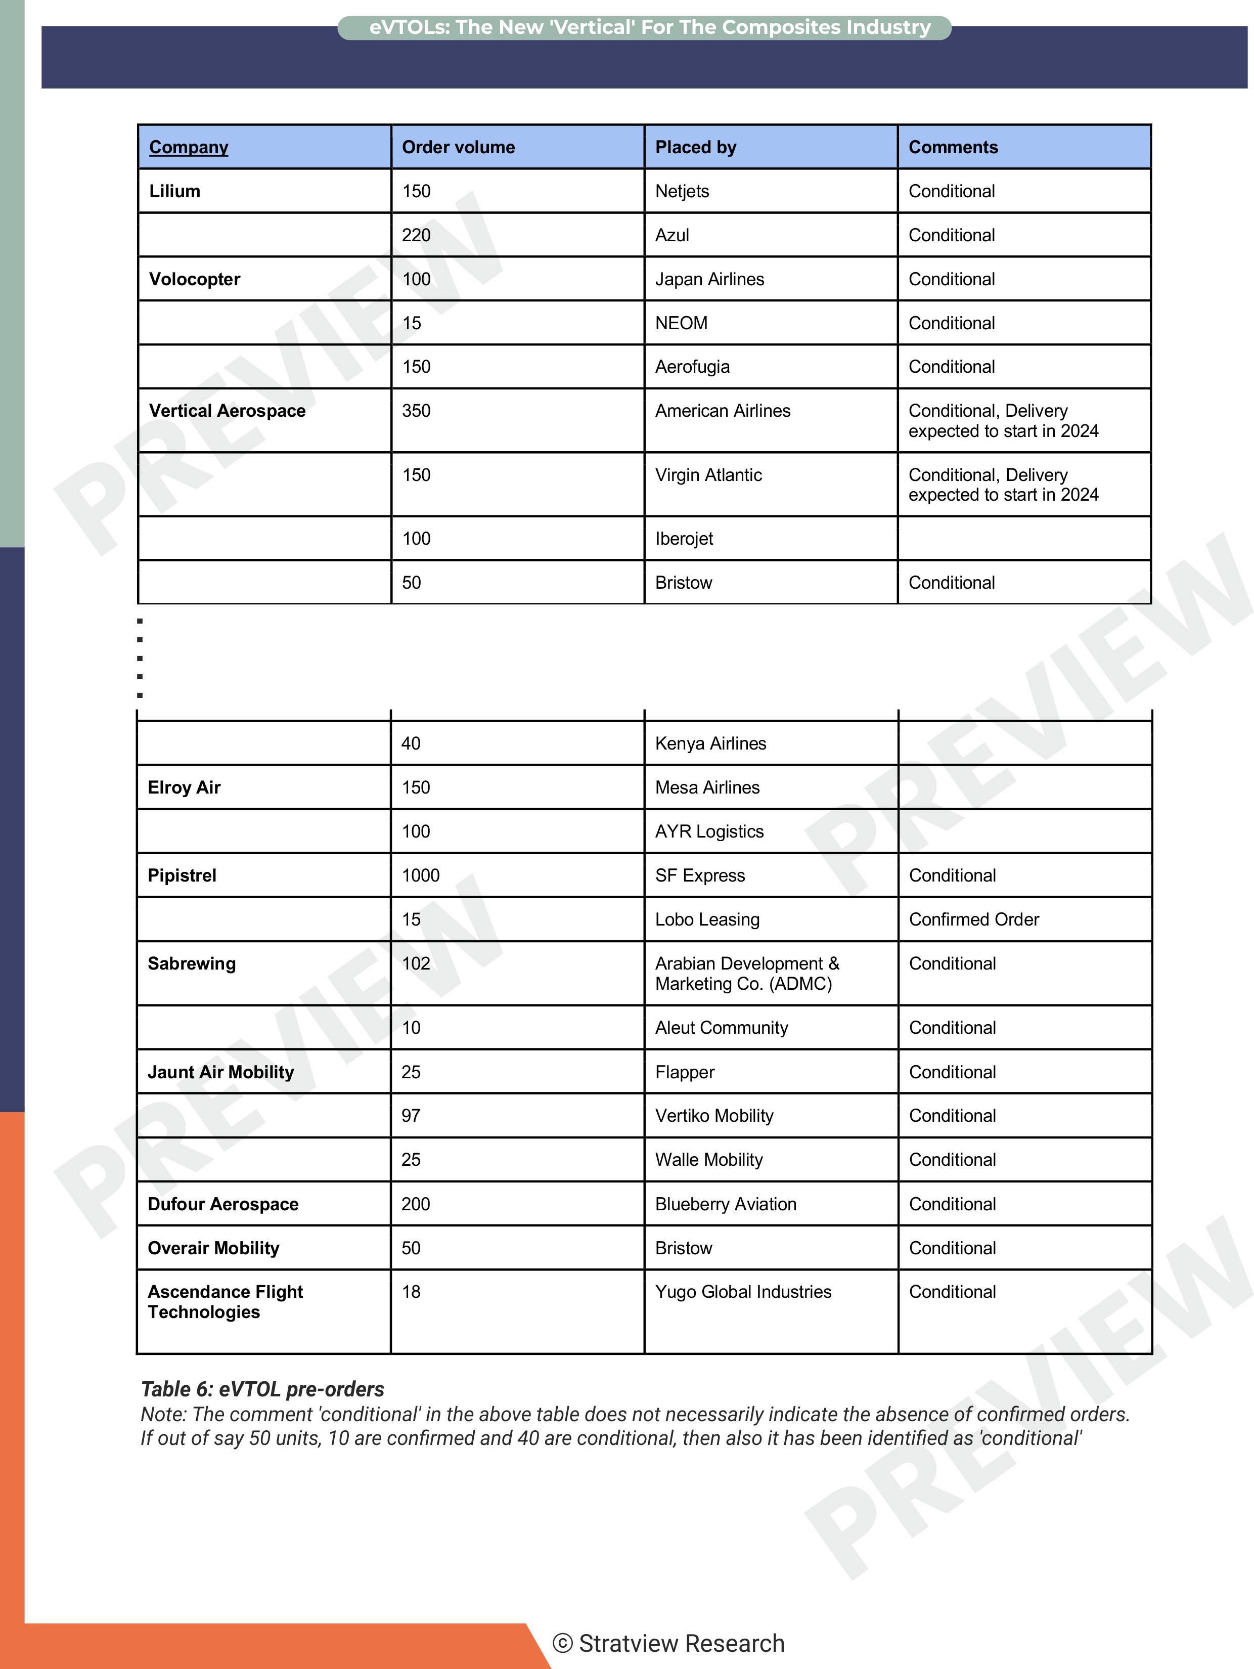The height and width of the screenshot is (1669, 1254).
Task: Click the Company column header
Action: (x=189, y=147)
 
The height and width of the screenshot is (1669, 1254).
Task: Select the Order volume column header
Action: (x=458, y=147)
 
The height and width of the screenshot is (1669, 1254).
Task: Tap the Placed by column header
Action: (x=695, y=147)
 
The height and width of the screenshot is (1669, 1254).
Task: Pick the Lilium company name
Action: (x=174, y=191)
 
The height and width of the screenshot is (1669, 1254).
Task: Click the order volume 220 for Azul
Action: (x=416, y=235)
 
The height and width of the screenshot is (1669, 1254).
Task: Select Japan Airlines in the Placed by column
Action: (x=709, y=279)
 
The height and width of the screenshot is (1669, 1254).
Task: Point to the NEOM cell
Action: (x=681, y=323)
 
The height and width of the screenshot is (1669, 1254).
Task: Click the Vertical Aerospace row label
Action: (x=227, y=411)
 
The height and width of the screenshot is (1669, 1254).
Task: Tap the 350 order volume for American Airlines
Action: (x=416, y=411)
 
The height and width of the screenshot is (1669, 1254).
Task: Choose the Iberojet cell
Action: (x=684, y=539)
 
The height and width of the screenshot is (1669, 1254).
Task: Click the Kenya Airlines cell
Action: (x=710, y=743)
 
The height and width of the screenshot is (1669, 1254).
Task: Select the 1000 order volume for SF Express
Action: (x=420, y=875)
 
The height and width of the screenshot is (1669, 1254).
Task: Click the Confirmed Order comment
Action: (x=973, y=919)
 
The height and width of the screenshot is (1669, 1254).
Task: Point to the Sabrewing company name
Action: (x=192, y=963)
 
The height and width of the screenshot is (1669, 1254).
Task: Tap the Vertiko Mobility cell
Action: (x=714, y=1115)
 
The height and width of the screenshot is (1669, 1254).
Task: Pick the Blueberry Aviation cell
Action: (x=725, y=1204)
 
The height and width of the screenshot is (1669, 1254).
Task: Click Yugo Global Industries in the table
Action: (x=742, y=1292)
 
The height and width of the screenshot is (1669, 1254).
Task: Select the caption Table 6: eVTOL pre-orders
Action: (x=262, y=1389)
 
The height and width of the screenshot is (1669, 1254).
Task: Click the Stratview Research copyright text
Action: (x=668, y=1643)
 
